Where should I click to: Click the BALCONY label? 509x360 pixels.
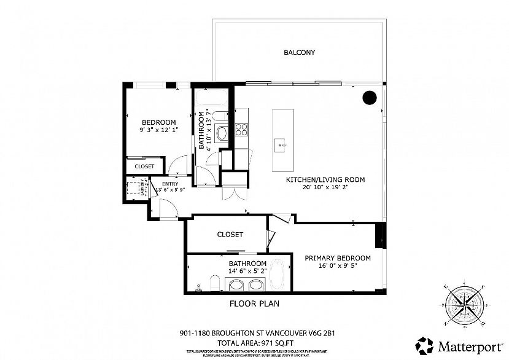point(299,53)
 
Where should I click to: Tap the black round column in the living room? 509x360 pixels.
point(369,97)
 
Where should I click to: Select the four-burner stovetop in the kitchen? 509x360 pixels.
point(241,130)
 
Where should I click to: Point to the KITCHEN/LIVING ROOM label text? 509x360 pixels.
point(325,180)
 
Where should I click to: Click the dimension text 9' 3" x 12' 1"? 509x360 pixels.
point(158,130)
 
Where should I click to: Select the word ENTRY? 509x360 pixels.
point(169,183)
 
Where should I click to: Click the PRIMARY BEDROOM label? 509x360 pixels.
point(338,258)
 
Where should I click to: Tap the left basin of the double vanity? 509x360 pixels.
point(236,284)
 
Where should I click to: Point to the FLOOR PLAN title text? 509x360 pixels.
point(254,303)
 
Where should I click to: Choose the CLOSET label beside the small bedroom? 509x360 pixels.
point(144,166)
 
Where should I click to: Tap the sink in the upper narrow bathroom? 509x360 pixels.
point(222,131)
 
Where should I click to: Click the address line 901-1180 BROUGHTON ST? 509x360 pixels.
point(254,334)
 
